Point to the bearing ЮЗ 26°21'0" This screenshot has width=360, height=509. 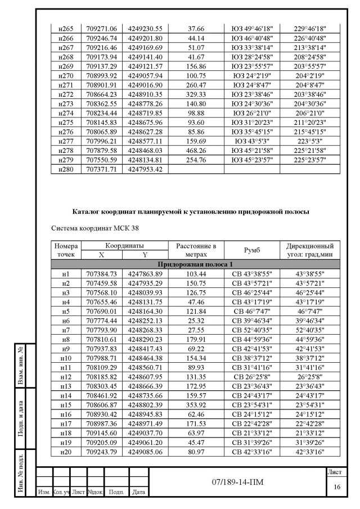(x=251, y=112)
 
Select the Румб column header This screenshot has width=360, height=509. (x=251, y=250)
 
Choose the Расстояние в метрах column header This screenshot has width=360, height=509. (x=196, y=250)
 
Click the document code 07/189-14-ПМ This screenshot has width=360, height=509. (x=237, y=482)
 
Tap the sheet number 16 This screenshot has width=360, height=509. (x=336, y=487)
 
